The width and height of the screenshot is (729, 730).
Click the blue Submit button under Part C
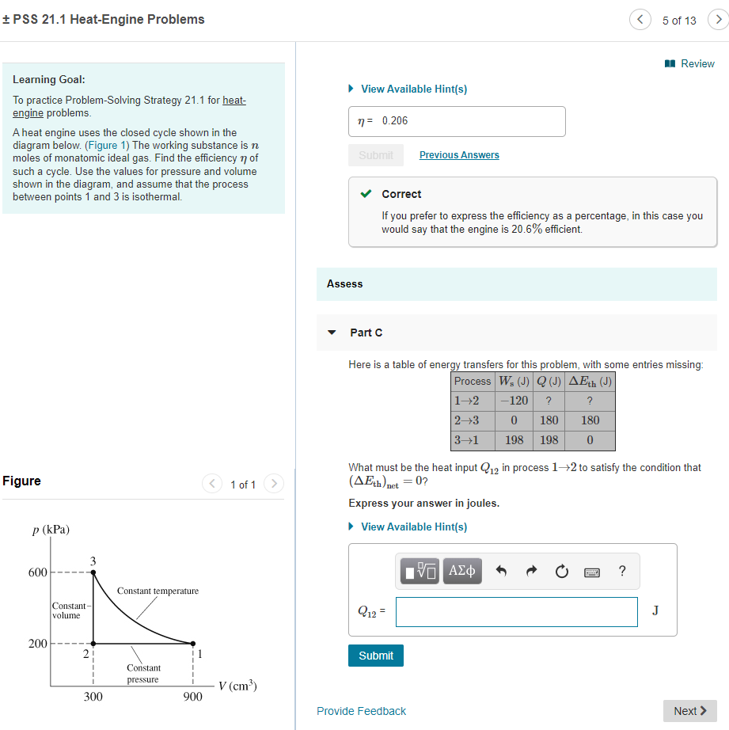[x=375, y=656]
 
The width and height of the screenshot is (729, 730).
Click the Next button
[x=689, y=711]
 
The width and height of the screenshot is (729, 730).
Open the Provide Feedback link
[x=361, y=711]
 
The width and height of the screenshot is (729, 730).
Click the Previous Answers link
[x=459, y=155]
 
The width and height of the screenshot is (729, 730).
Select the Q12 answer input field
[x=516, y=612]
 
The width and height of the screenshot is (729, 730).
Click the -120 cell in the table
[x=514, y=401]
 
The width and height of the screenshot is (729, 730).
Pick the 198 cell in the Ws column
[x=514, y=439]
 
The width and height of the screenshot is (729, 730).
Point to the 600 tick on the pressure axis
[x=37, y=572]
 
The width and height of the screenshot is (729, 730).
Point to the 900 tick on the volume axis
[x=193, y=697]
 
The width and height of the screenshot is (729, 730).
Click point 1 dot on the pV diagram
[x=193, y=643]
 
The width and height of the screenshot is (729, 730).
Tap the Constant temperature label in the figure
[x=158, y=591]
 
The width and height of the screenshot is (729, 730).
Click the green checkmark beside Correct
[x=365, y=194]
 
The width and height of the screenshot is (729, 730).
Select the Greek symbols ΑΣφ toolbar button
[x=462, y=570]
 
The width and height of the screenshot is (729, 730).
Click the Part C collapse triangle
[x=332, y=333]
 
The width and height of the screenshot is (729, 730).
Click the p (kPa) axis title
[x=51, y=530]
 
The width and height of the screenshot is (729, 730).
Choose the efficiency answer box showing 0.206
[x=458, y=121]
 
